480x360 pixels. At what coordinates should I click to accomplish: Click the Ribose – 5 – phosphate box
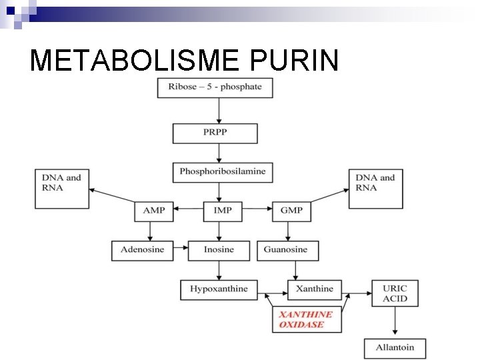[215, 87]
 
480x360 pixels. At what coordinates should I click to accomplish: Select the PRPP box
[215, 133]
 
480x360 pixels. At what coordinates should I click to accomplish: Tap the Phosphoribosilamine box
[222, 172]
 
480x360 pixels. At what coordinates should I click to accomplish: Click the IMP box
[223, 211]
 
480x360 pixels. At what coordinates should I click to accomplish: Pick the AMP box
[153, 211]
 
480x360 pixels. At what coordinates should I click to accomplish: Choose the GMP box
[291, 211]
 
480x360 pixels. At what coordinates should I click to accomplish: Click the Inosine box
[219, 250]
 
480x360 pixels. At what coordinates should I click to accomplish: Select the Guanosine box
[287, 250]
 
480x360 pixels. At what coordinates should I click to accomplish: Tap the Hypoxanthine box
[219, 289]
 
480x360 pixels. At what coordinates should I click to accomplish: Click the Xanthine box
[314, 289]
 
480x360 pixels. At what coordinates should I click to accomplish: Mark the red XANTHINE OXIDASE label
[307, 319]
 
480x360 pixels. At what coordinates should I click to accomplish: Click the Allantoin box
[395, 348]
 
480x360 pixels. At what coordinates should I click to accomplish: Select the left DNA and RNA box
[62, 188]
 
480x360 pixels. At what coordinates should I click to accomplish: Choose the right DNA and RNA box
[376, 188]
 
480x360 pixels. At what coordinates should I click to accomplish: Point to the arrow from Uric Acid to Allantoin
[395, 323]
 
